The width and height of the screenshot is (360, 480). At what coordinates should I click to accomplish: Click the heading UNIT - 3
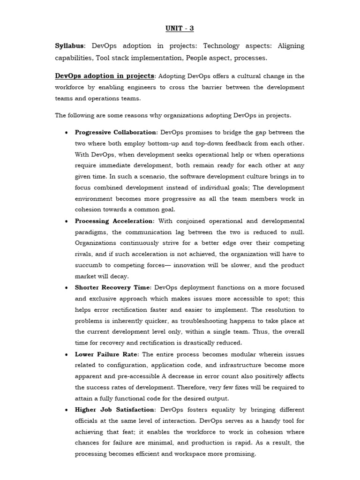click(x=180, y=29)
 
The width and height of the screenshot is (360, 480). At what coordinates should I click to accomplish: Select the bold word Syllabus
click(x=69, y=46)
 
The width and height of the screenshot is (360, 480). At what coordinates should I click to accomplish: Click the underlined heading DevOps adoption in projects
click(x=105, y=76)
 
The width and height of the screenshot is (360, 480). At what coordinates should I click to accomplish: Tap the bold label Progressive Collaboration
click(x=116, y=132)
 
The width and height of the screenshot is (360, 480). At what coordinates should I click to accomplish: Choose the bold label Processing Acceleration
click(x=114, y=221)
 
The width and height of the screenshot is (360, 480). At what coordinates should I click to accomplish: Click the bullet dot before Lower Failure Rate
click(x=66, y=354)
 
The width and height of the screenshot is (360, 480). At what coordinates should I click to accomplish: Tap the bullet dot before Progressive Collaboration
click(x=66, y=133)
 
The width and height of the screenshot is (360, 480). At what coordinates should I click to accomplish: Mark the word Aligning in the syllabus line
click(x=291, y=46)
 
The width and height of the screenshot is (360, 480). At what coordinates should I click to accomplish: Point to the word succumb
click(x=89, y=265)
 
